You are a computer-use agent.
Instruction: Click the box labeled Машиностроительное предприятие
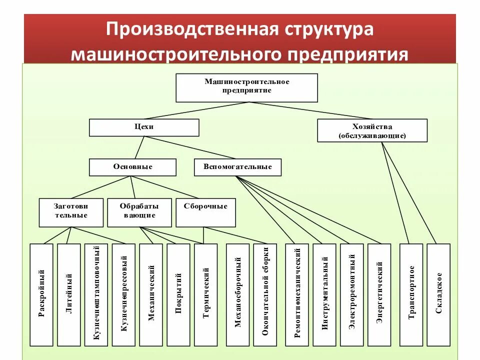tap(246, 87)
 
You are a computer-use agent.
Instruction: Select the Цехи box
tap(144, 127)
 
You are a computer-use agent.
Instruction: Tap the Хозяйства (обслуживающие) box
tap(372, 130)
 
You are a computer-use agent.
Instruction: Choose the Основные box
tap(132, 167)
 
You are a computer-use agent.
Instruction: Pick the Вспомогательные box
tap(237, 167)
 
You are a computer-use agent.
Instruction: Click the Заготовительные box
tap(71, 212)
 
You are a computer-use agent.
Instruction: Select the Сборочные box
tap(205, 212)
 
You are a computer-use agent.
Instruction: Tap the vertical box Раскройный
tap(41, 294)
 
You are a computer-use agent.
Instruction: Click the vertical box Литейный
tap(69, 294)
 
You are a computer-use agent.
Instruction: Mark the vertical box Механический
tap(151, 294)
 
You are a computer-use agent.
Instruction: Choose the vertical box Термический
tap(205, 294)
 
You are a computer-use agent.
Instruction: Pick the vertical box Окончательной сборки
tap(265, 294)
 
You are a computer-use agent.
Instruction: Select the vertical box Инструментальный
tap(324, 294)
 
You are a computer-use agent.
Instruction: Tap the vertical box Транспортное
tap(411, 294)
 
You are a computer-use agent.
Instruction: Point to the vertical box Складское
tap(438, 294)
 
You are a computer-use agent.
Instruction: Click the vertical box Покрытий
tap(178, 294)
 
